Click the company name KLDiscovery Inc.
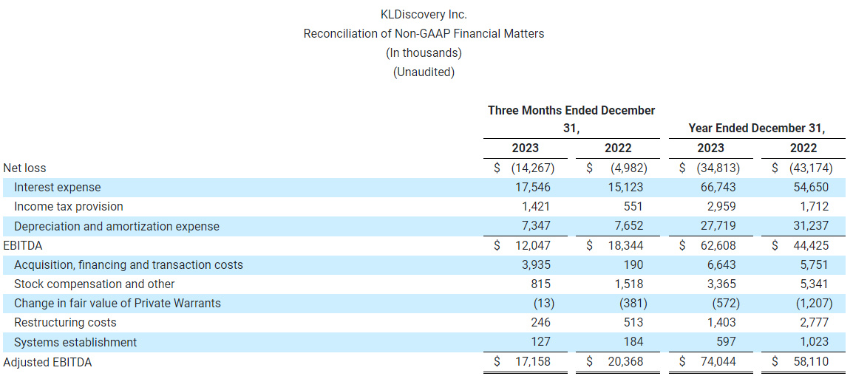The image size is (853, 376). pos(424,14)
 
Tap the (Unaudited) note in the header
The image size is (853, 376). pos(424,72)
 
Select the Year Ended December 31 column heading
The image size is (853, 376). pos(756,129)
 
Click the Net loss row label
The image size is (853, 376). pos(24,168)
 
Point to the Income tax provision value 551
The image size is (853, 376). pos(633,207)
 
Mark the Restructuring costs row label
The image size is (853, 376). pos(65,323)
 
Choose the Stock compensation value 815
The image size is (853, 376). pos(539,284)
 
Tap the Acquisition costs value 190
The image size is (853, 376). pos(633,264)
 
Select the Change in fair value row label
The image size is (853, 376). pos(118,304)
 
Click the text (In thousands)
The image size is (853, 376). pos(424,52)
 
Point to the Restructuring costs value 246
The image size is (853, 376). pos(539,323)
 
